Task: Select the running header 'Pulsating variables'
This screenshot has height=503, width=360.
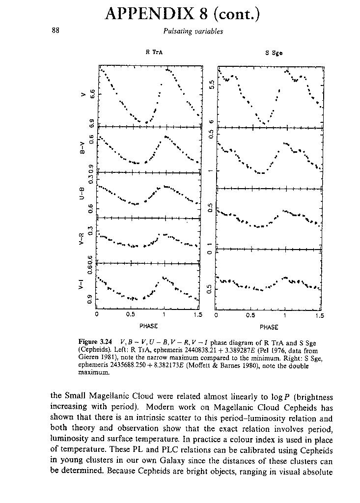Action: click(193, 31)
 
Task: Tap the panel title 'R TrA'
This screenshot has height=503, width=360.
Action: click(151, 53)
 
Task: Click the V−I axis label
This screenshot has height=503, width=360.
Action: click(83, 285)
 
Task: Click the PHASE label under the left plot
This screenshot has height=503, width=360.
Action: click(148, 326)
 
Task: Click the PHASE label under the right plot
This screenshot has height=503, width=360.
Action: click(269, 327)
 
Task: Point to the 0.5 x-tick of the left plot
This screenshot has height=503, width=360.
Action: click(131, 315)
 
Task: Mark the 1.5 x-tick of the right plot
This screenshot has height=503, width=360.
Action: click(320, 315)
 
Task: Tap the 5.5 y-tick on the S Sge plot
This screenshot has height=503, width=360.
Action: click(211, 84)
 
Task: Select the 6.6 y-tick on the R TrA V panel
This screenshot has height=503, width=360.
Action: click(91, 92)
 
